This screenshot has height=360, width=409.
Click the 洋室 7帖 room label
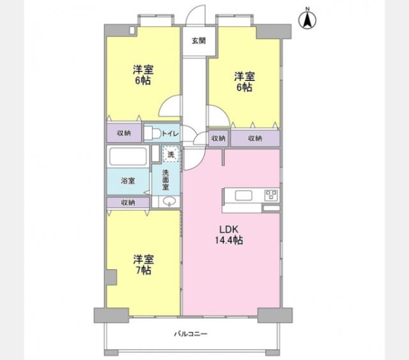coord(143,265)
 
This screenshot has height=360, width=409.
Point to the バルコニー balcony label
coord(192,334)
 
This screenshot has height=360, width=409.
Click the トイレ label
coord(170,133)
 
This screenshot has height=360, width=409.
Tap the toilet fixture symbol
coord(151,133)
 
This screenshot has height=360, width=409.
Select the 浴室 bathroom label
coord(128,181)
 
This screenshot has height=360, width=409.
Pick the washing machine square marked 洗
coord(171,154)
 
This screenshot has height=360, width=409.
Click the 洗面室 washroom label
coord(166,180)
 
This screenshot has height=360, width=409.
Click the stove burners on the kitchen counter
coord(270,195)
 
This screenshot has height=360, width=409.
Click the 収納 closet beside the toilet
coord(124,133)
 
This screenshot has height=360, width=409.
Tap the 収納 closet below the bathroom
coord(128,202)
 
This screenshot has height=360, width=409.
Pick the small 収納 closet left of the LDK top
coord(218,138)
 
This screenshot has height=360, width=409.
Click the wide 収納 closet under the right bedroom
coord(255,138)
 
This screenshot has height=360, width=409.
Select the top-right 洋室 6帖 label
coord(243,82)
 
